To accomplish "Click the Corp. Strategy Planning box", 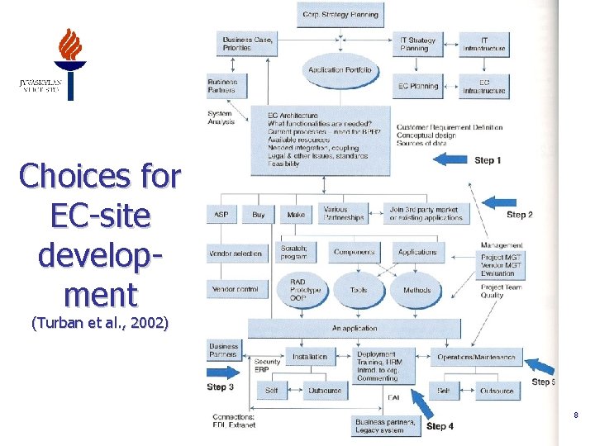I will pyautogui.click(x=340, y=14).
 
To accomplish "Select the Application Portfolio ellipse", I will pyautogui.click(x=340, y=70).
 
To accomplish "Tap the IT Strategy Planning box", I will pyautogui.click(x=417, y=44).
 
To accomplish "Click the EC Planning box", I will pyautogui.click(x=417, y=87).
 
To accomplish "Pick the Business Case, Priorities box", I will pyautogui.click(x=248, y=44).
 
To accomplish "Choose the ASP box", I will pyautogui.click(x=221, y=215).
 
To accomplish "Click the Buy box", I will pyautogui.click(x=259, y=215).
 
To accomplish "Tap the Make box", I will pyautogui.click(x=296, y=215).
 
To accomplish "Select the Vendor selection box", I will pyautogui.click(x=236, y=254).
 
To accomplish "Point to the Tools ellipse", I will pyautogui.click(x=359, y=290).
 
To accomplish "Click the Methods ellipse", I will pyautogui.click(x=417, y=290).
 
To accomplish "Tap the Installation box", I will pyautogui.click(x=309, y=358).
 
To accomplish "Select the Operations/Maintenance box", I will pyautogui.click(x=476, y=358).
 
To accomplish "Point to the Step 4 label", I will pyautogui.click(x=440, y=426).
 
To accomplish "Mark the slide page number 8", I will pyautogui.click(x=575, y=415).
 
